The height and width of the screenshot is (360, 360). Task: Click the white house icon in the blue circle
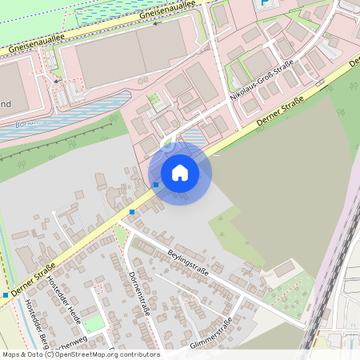pos(180,173)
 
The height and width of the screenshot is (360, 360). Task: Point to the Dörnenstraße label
pos(139,292)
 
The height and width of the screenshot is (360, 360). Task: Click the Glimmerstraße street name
pos(212,334)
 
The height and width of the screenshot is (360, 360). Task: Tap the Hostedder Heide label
pos(64,296)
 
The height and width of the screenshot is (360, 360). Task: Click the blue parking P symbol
pos(264,4)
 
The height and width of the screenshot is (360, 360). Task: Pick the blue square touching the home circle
pos(156,185)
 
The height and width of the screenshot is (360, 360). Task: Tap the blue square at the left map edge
pos(5,295)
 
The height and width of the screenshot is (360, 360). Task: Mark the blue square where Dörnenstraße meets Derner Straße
pos(132,212)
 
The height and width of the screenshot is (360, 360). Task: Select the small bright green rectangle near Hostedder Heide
pos(94,323)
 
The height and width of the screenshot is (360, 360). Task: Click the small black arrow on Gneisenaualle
pos(156,23)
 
